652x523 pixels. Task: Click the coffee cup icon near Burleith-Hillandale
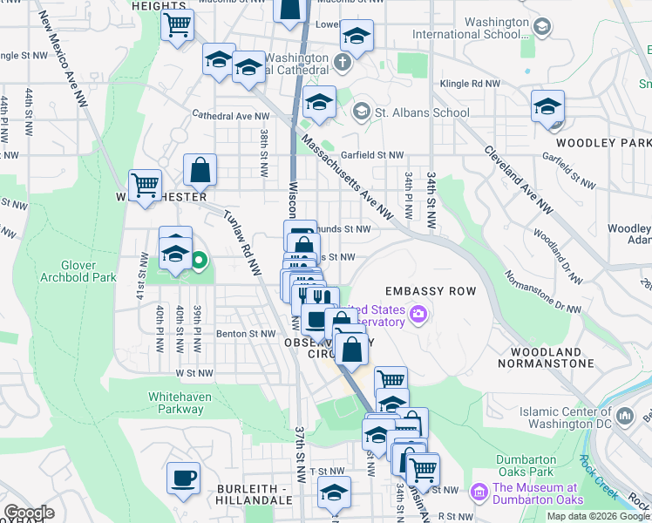[183, 479]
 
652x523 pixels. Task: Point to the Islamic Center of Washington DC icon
[624, 417]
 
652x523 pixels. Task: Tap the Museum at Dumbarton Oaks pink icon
[479, 493]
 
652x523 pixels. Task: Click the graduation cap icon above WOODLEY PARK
[547, 108]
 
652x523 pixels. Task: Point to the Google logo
[29, 513]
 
